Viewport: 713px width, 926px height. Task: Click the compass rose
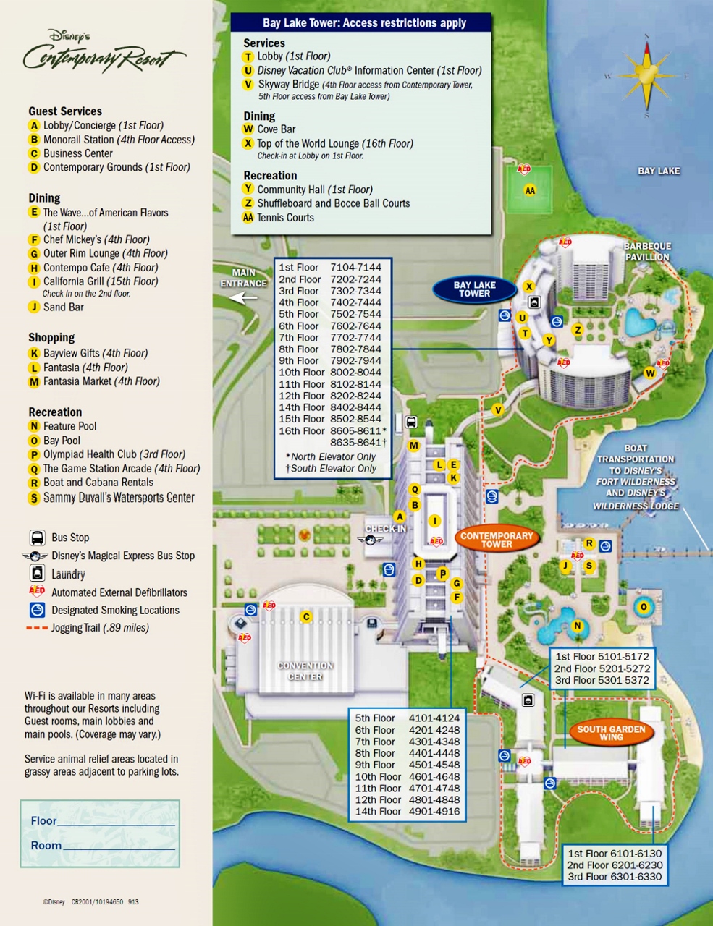(x=646, y=75)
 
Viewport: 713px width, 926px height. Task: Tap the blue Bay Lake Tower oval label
(x=474, y=289)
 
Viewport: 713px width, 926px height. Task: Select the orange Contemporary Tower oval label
(x=497, y=540)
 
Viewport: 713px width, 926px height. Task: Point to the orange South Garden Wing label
(x=611, y=733)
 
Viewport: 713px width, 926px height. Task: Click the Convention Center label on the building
(x=305, y=671)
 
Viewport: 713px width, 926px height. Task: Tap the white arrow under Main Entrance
(x=243, y=297)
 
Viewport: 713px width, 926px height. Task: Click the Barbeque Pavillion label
(x=647, y=252)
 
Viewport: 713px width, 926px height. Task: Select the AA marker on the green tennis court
(x=530, y=191)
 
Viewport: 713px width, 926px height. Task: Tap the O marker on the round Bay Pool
(x=643, y=607)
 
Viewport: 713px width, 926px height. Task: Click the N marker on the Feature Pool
(x=577, y=626)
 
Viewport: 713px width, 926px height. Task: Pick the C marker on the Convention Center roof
(x=306, y=617)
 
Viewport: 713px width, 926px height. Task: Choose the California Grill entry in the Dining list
(x=100, y=281)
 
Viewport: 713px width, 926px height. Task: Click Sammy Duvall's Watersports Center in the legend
(x=119, y=498)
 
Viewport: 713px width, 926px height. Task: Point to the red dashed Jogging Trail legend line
(x=37, y=628)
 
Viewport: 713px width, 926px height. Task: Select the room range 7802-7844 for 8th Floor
(x=355, y=349)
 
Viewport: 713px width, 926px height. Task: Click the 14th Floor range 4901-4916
(x=434, y=812)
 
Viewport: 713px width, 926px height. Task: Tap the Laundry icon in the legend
(x=37, y=574)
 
